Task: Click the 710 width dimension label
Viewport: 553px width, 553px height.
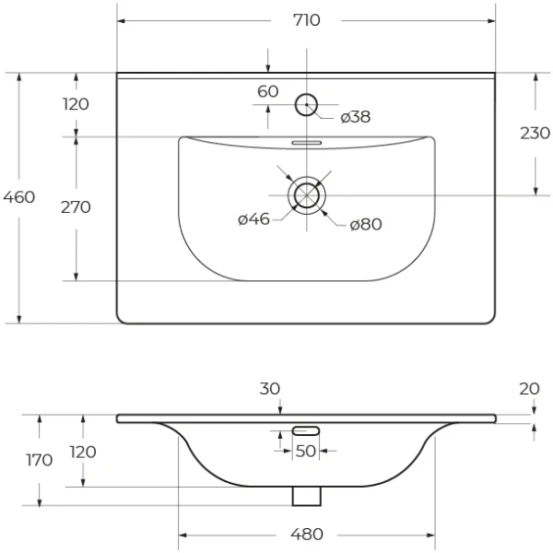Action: pyautogui.click(x=307, y=20)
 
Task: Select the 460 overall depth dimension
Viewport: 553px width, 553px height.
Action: pyautogui.click(x=19, y=197)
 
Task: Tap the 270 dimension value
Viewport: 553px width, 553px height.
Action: pyautogui.click(x=76, y=207)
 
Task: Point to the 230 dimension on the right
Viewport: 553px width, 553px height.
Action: pyautogui.click(x=535, y=133)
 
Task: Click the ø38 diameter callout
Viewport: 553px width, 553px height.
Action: pyautogui.click(x=355, y=117)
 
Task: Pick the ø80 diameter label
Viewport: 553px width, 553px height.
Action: pyautogui.click(x=366, y=225)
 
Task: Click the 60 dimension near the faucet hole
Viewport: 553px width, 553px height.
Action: pyautogui.click(x=267, y=91)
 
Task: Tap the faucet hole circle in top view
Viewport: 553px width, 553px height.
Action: pyautogui.click(x=306, y=104)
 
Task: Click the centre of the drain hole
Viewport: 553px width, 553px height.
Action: pyautogui.click(x=306, y=195)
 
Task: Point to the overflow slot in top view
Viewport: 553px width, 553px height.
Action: pyautogui.click(x=306, y=143)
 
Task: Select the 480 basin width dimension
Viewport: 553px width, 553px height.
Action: pyautogui.click(x=307, y=534)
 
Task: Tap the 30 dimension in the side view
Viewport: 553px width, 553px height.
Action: pyautogui.click(x=269, y=390)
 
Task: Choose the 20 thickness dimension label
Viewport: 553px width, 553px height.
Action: pyautogui.click(x=528, y=389)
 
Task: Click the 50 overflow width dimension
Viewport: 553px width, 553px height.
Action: pyautogui.click(x=306, y=451)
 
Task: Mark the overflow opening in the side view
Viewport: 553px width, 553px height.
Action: pyautogui.click(x=306, y=430)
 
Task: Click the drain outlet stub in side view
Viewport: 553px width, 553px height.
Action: pyautogui.click(x=306, y=495)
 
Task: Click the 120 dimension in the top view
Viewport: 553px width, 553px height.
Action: pyautogui.click(x=76, y=104)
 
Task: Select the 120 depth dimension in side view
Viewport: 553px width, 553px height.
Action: pyautogui.click(x=83, y=453)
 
